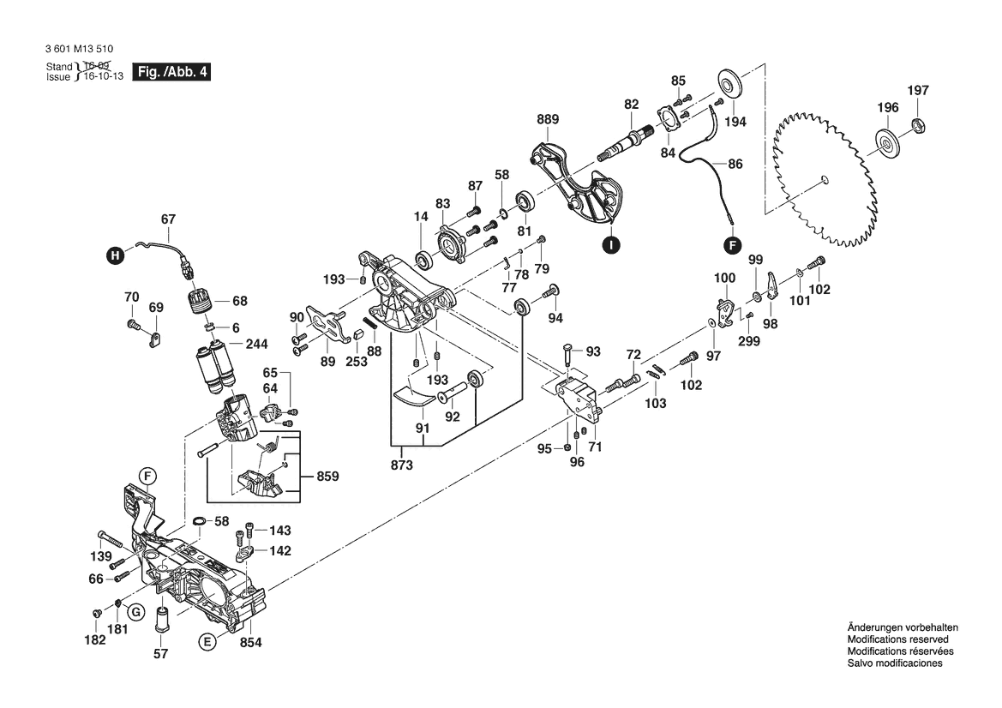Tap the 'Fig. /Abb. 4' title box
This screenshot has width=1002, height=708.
click(171, 72)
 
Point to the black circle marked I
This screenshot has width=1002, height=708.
click(610, 245)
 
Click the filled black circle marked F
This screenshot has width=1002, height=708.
click(732, 245)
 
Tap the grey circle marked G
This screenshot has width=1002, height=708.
click(135, 611)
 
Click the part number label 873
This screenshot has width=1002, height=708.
click(401, 465)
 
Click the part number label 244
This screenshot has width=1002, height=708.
click(256, 344)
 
